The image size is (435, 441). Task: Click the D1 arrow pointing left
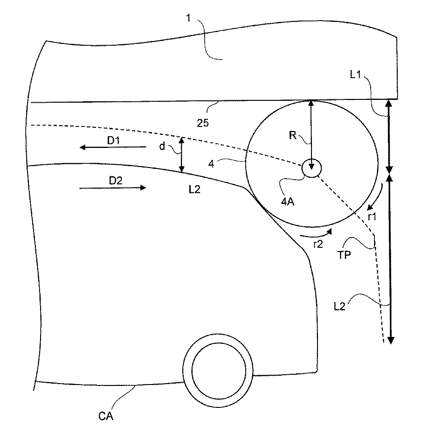pos(112,147)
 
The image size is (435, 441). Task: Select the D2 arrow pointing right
pos(112,188)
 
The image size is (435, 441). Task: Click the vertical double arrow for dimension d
pos(182,155)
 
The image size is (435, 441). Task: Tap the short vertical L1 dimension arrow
pos(388,136)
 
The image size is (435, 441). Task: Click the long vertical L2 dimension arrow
pos(390,258)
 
